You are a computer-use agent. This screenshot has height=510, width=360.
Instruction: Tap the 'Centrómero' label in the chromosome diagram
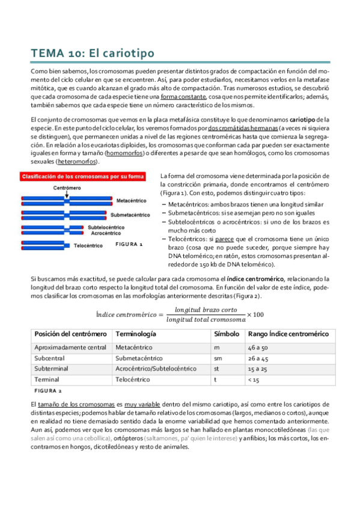[67, 188]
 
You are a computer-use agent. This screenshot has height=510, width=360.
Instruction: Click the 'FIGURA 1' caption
[129, 245]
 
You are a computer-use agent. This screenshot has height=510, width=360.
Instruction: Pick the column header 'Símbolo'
[227, 334]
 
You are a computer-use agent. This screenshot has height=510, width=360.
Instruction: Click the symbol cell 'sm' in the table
[217, 358]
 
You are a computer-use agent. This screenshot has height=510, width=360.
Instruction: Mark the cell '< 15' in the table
[255, 380]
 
